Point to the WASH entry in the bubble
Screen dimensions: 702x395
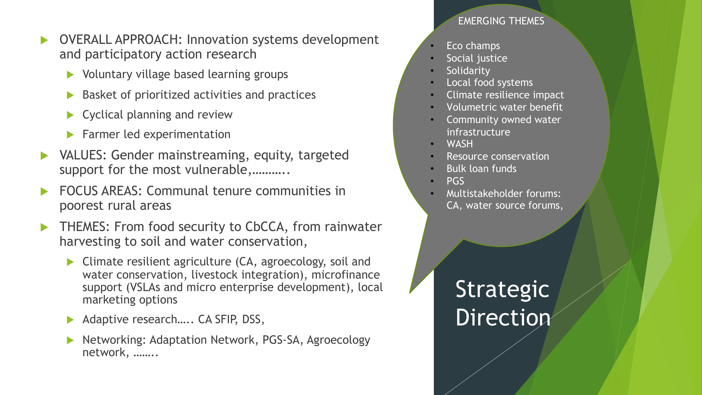[x=459, y=144]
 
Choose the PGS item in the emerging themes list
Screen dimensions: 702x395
[x=455, y=181]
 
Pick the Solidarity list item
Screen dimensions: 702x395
[x=468, y=71]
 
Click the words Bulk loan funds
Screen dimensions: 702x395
[x=481, y=169]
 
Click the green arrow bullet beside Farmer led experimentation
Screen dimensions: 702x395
[x=70, y=135]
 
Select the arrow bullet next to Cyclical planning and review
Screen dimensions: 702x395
[x=70, y=115]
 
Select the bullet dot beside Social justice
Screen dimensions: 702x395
[x=432, y=58]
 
